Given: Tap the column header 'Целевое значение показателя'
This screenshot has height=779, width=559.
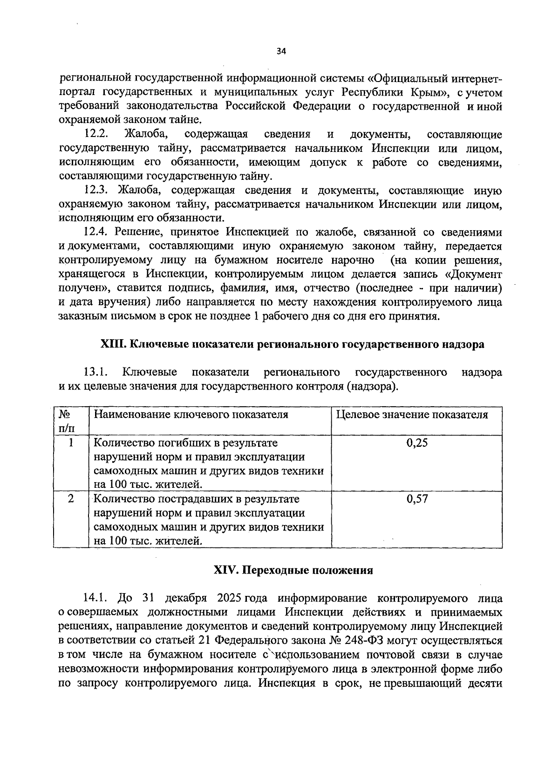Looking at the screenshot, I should (x=412, y=415).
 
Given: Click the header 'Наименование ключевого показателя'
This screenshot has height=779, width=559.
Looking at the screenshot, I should (x=191, y=415).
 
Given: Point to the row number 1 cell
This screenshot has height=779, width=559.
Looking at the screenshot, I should (x=71, y=443).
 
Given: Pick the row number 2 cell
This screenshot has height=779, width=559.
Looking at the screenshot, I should (x=71, y=499).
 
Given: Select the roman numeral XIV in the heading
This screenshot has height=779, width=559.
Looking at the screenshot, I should (x=225, y=570).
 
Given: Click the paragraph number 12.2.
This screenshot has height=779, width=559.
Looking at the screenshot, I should (x=96, y=135).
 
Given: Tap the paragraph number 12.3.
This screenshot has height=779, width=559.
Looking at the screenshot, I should (x=96, y=191).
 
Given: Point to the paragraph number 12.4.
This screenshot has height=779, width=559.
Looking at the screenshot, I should (x=96, y=232).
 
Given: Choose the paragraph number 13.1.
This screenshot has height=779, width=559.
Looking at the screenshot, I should (x=96, y=372).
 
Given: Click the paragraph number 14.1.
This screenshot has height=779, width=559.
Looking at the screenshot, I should (x=96, y=598).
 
